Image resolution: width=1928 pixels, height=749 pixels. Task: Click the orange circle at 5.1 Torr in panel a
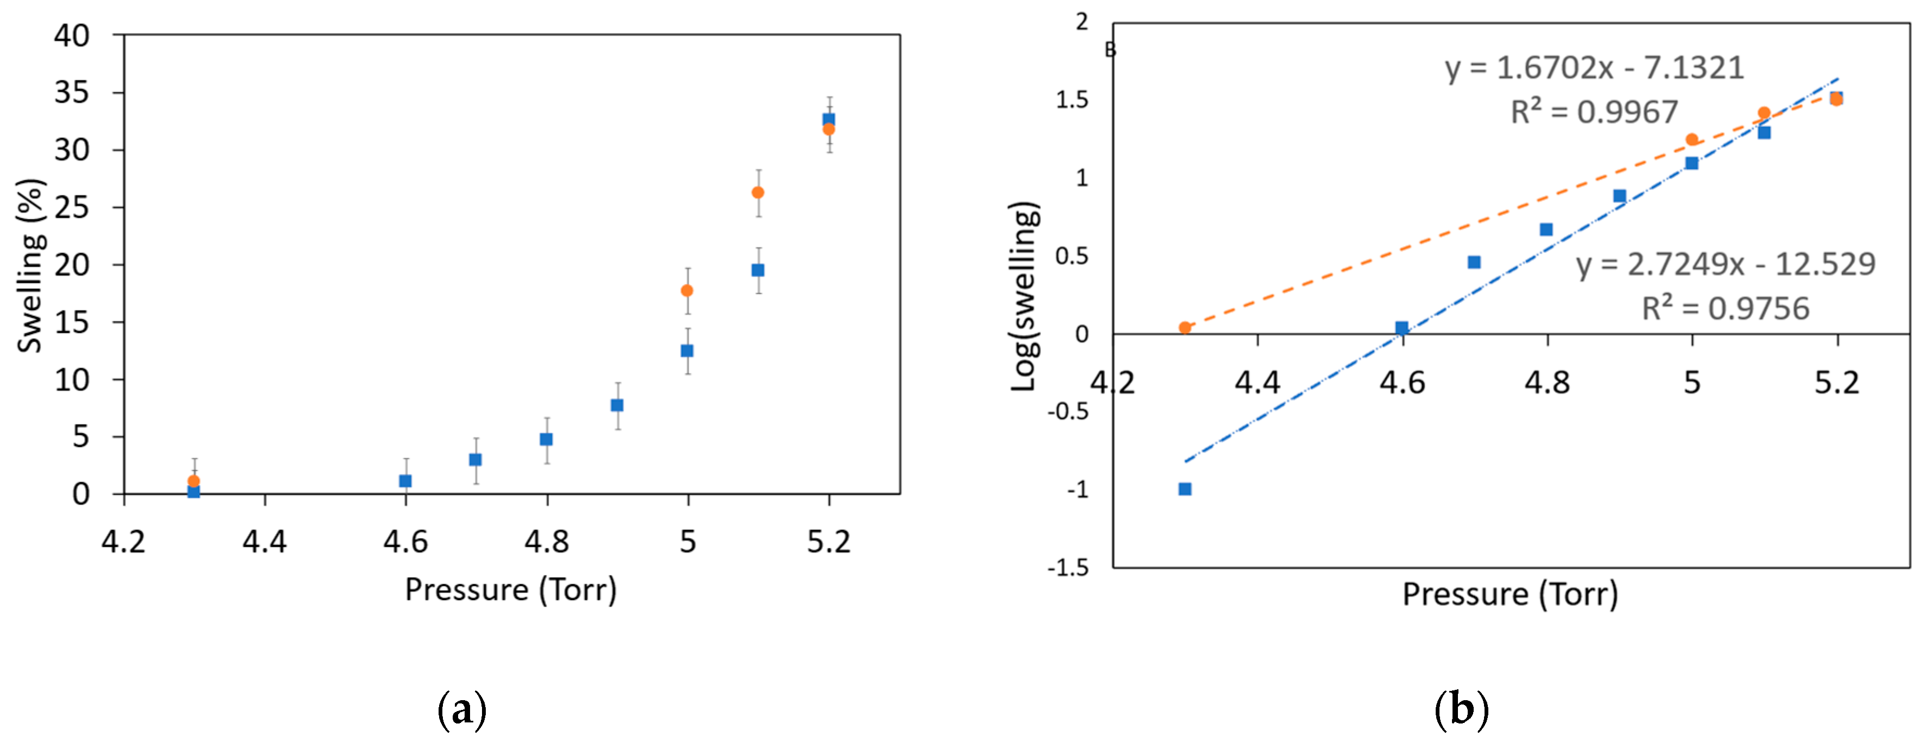pyautogui.click(x=757, y=192)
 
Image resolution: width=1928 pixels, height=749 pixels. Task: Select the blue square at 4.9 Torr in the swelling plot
pyautogui.click(x=617, y=405)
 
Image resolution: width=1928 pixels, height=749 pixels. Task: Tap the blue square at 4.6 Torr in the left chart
pyautogui.click(x=405, y=480)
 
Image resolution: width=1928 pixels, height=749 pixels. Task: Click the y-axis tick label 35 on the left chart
pyautogui.click(x=72, y=93)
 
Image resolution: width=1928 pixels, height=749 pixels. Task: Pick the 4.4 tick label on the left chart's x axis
pyautogui.click(x=264, y=541)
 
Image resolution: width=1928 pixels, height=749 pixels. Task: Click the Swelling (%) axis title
pyautogui.click(x=31, y=265)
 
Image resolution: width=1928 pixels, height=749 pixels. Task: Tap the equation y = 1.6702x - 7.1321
pyautogui.click(x=1594, y=68)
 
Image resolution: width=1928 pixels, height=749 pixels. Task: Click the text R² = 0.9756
pyautogui.click(x=1725, y=308)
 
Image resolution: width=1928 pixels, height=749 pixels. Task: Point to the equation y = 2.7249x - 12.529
pyautogui.click(x=1725, y=264)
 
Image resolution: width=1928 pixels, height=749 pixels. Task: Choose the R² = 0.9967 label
pyautogui.click(x=1594, y=112)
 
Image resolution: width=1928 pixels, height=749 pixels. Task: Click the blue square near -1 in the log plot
pyautogui.click(x=1185, y=488)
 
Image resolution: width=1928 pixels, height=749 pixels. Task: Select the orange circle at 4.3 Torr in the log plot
pyautogui.click(x=1185, y=328)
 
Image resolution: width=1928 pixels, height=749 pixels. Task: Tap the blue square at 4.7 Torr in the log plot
pyautogui.click(x=1474, y=262)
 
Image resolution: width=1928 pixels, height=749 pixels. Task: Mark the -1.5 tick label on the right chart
pyautogui.click(x=1068, y=567)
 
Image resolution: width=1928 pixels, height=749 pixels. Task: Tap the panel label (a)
pyautogui.click(x=462, y=709)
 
